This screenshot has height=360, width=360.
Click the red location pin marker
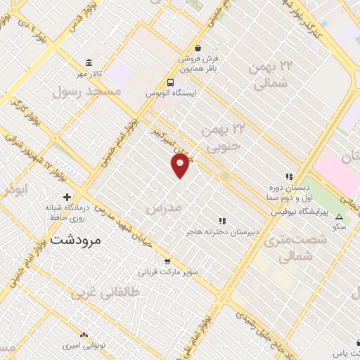(181, 165)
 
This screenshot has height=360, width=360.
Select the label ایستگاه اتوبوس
(171, 93)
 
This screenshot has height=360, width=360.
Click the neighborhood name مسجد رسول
(86, 91)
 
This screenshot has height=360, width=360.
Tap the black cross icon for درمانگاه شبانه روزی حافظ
(67, 197)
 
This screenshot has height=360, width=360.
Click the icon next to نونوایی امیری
(84, 335)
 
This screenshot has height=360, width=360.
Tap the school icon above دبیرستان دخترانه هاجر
(224, 220)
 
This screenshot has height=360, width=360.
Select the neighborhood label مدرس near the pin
(163, 209)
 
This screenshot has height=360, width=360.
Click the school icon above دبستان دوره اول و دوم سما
(288, 176)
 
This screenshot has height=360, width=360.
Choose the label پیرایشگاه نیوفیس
(288, 210)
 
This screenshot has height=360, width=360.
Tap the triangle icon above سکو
(340, 217)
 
